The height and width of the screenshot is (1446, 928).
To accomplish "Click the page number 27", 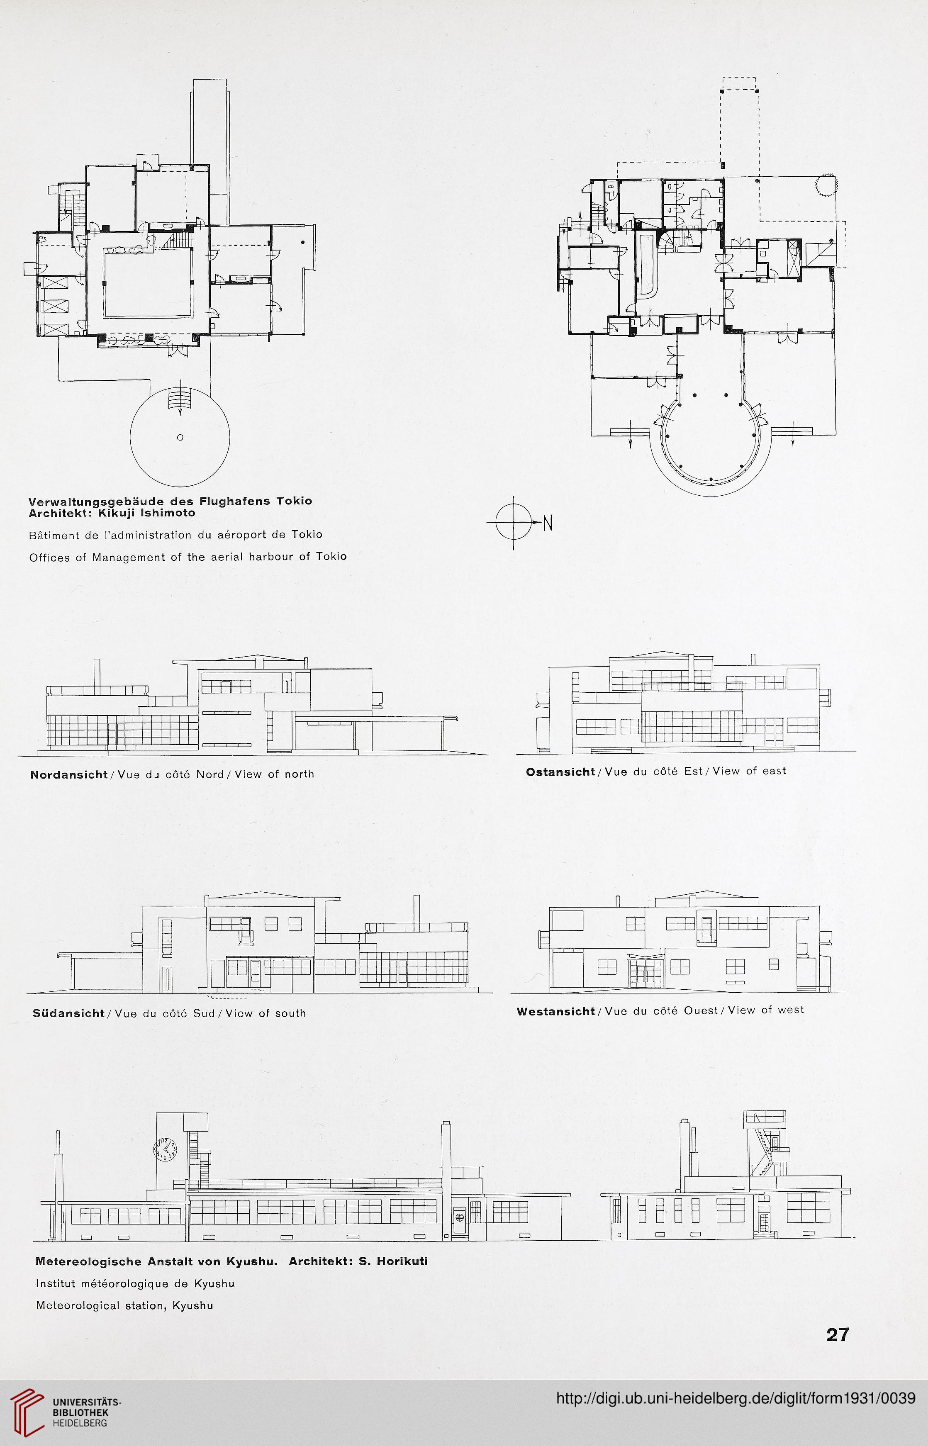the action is (x=838, y=1334).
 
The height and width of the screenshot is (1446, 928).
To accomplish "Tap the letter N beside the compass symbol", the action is (x=547, y=524).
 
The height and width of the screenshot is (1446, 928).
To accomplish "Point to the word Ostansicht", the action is (x=560, y=771).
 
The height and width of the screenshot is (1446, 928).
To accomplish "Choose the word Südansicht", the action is (x=69, y=1013).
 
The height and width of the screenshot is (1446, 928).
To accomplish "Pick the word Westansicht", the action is (x=555, y=1011).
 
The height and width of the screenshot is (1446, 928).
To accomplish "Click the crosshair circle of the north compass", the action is (x=514, y=522).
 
